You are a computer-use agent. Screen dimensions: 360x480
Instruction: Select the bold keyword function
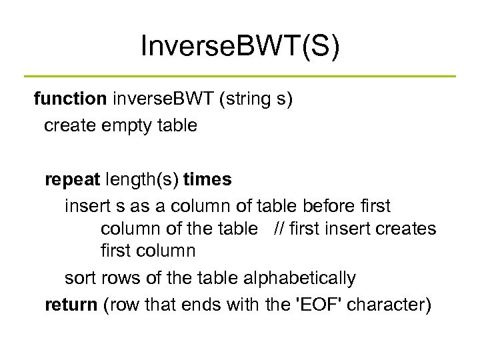click(71, 99)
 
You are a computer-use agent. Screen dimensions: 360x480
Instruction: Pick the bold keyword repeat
click(71, 179)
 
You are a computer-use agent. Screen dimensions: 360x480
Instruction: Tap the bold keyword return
click(71, 305)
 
